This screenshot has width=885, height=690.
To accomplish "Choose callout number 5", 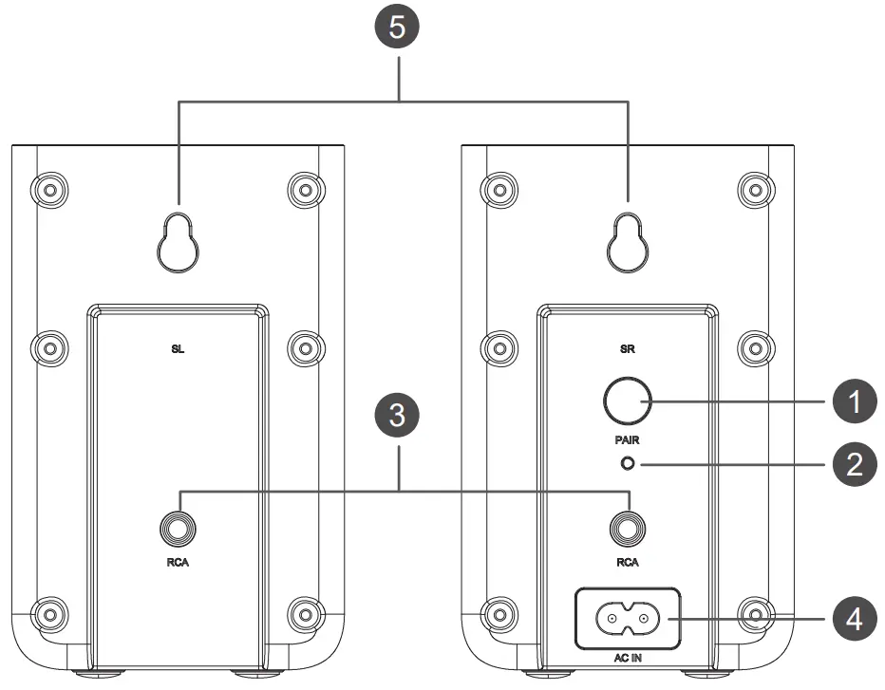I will (400, 28).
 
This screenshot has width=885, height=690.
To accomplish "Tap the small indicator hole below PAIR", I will (628, 464).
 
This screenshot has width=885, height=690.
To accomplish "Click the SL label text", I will (179, 348).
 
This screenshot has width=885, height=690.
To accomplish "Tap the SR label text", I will (627, 348).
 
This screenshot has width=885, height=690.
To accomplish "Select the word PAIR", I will (627, 440).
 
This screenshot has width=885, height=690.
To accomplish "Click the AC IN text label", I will (627, 657).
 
